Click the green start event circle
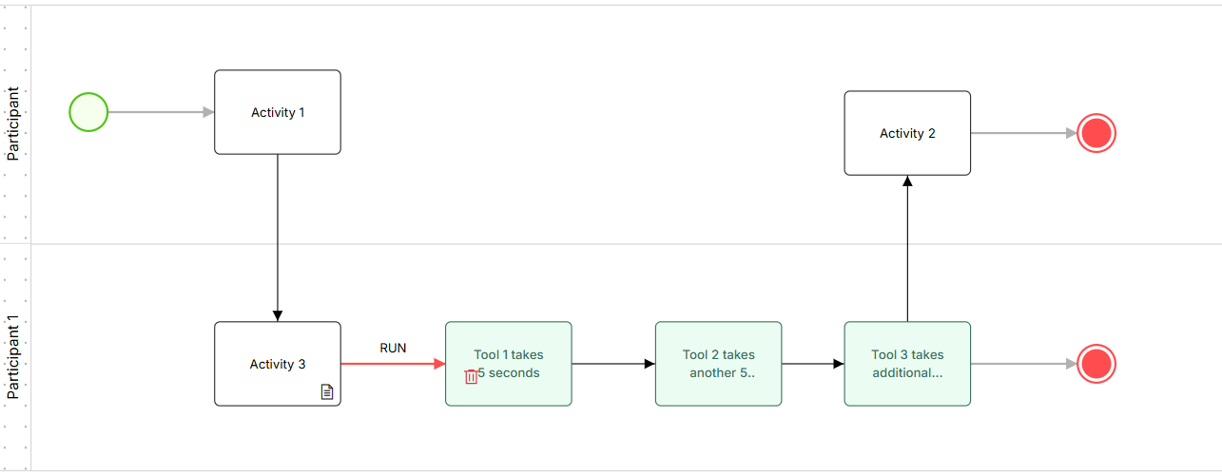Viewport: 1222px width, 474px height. click(88, 112)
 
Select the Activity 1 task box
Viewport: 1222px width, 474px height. click(278, 112)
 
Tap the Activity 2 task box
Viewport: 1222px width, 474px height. click(907, 133)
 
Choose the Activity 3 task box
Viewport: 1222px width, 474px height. click(278, 364)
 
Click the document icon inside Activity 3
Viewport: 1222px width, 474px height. click(327, 391)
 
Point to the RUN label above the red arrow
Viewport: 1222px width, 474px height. click(393, 349)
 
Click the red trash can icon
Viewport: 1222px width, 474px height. click(471, 376)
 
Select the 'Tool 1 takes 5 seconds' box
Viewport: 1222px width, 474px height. click(509, 364)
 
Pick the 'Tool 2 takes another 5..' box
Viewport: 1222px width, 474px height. click(719, 364)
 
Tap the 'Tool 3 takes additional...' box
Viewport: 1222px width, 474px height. click(907, 364)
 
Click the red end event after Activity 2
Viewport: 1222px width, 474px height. click(1096, 133)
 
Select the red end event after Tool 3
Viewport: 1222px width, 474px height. click(1096, 364)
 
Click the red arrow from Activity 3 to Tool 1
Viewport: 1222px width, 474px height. click(394, 364)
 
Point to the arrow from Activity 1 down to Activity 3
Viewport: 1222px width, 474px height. click(278, 237)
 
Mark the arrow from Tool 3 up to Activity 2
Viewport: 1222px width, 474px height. click(907, 249)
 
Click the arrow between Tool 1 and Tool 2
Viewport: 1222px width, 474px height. click(613, 364)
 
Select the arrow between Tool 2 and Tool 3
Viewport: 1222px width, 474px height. click(813, 364)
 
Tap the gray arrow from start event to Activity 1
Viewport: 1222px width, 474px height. click(161, 112)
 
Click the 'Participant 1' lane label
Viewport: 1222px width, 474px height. click(12, 357)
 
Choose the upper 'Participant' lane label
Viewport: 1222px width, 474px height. click(12, 123)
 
